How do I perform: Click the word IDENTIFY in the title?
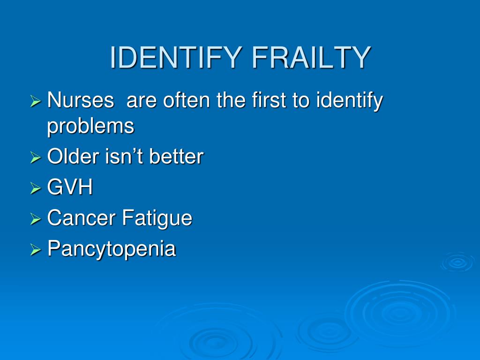click(x=177, y=58)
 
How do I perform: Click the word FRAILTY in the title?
click(x=311, y=58)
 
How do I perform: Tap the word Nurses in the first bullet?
click(x=81, y=100)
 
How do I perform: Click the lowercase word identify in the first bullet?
click(x=349, y=101)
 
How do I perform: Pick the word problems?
click(x=90, y=126)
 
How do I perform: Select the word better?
click(x=176, y=157)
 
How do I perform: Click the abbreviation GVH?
click(x=70, y=187)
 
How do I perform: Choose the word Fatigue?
click(x=157, y=219)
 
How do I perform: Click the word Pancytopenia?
click(x=112, y=249)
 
